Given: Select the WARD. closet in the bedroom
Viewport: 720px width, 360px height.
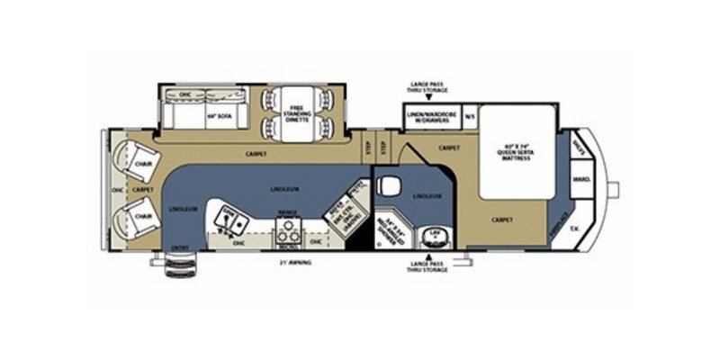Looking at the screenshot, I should click(x=580, y=180).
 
